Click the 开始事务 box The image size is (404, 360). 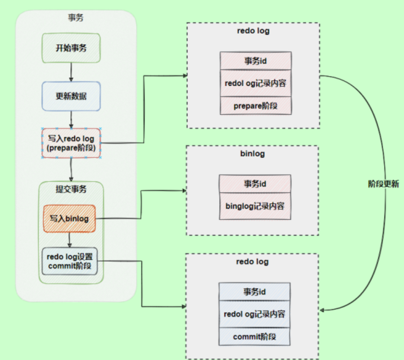(x=71, y=48)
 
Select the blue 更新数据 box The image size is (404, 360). (x=71, y=96)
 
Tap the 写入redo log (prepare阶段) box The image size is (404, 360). (x=71, y=143)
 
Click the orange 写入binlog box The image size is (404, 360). (x=69, y=218)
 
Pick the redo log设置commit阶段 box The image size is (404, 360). (x=69, y=261)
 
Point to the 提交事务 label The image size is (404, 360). (x=71, y=189)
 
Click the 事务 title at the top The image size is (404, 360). (x=76, y=18)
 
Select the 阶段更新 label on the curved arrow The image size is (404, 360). (x=383, y=184)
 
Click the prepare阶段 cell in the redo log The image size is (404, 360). (x=255, y=106)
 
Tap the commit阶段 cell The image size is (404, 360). (x=254, y=337)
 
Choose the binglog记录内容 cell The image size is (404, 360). (x=255, y=206)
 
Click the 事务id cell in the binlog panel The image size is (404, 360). (x=255, y=184)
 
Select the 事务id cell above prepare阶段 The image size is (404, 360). (x=255, y=61)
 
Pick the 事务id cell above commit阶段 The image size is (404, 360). (x=254, y=292)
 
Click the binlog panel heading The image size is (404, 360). (x=252, y=154)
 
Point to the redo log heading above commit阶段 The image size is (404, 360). (x=252, y=262)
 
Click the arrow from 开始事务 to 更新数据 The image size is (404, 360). (x=71, y=72)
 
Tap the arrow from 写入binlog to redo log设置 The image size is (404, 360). (x=69, y=240)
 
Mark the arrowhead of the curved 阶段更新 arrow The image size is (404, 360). (x=322, y=310)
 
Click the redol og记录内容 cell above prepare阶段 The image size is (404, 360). (x=255, y=83)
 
